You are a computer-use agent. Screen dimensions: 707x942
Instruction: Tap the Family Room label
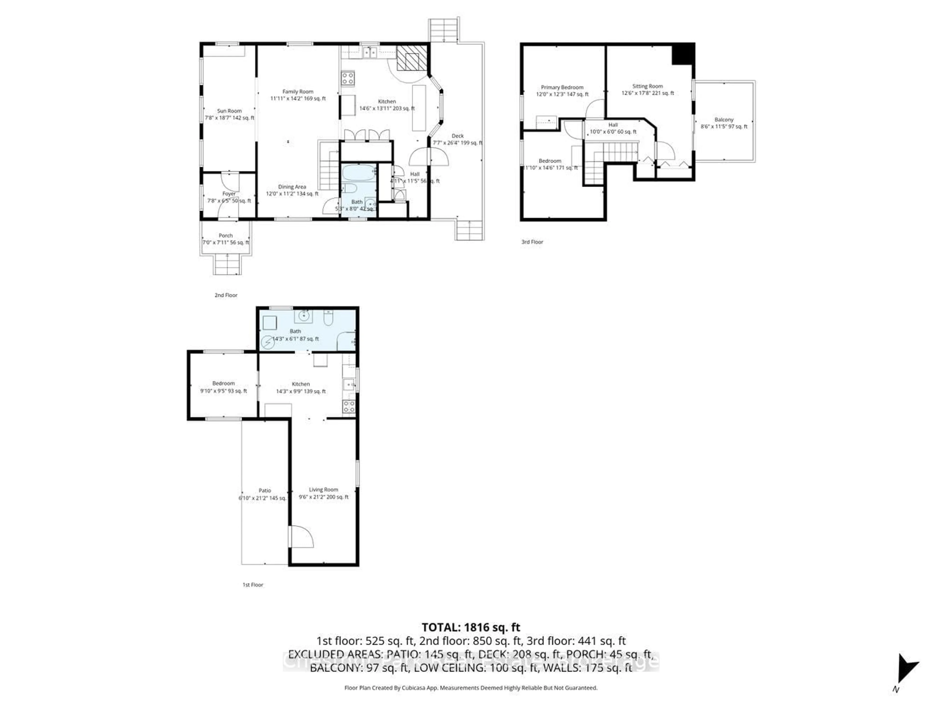click(x=298, y=92)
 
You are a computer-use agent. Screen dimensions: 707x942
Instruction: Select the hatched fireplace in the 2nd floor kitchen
click(x=411, y=58)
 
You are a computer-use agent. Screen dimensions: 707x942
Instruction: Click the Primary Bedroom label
click(x=562, y=87)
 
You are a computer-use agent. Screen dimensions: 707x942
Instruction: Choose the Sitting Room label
click(x=647, y=86)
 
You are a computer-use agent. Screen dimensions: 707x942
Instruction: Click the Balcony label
click(x=724, y=120)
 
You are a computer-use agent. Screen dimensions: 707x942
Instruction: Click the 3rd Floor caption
click(x=532, y=242)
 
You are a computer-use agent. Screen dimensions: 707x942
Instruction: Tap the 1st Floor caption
click(x=253, y=585)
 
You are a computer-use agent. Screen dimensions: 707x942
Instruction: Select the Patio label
click(x=265, y=491)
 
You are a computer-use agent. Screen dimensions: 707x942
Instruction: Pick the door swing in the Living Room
click(x=302, y=537)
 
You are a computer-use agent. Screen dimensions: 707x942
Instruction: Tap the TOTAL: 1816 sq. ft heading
click(x=471, y=627)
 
